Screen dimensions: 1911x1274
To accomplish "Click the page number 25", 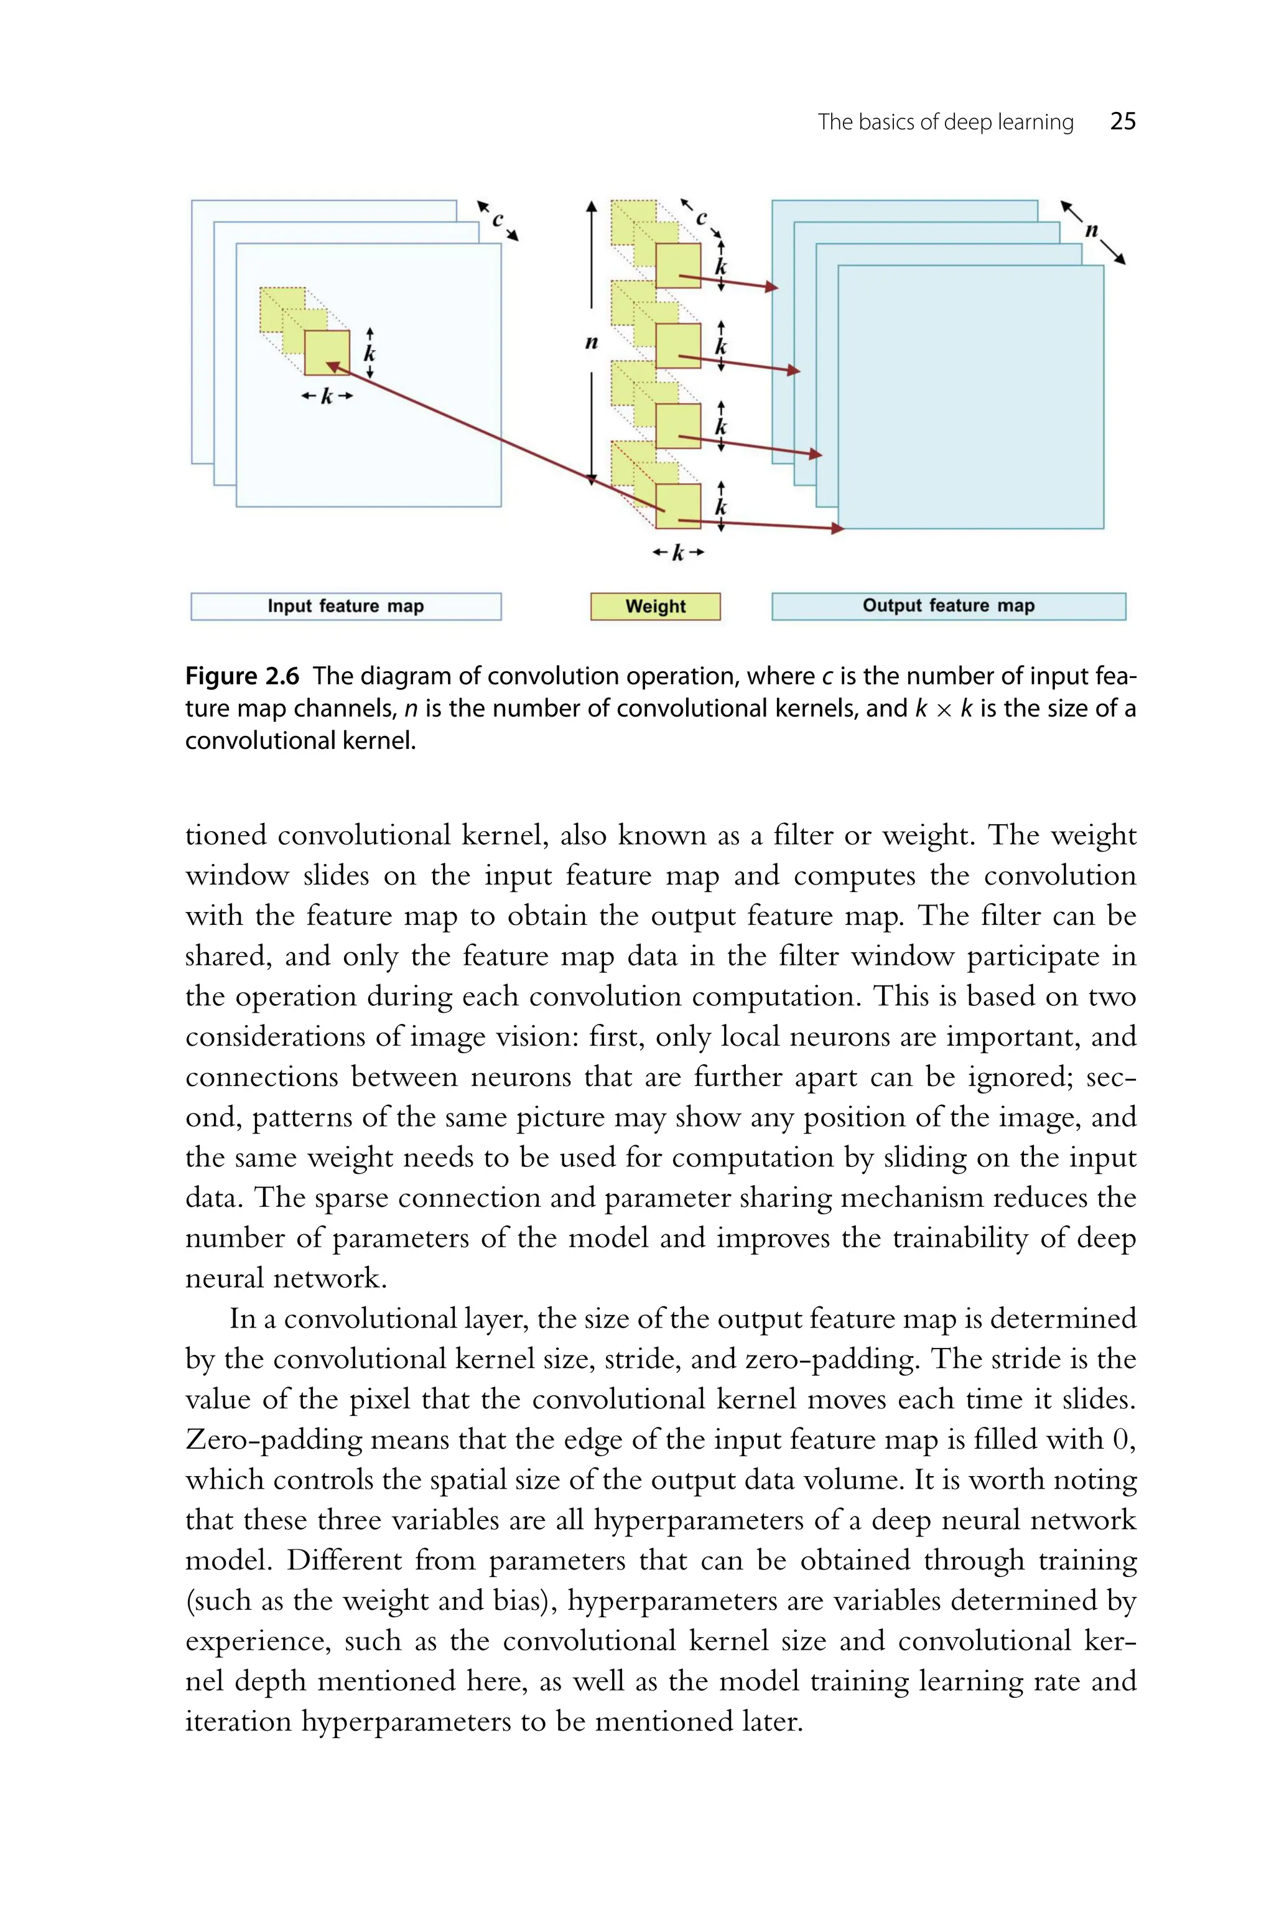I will point(1122,122).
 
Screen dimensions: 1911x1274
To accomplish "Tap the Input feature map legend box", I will point(346,606).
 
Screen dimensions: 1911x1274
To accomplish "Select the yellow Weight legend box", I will point(655,606).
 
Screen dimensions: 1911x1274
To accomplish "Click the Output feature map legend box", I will point(948,606).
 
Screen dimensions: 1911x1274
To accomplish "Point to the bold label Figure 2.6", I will point(242,676).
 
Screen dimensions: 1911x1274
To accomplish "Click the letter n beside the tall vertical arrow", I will point(592,343).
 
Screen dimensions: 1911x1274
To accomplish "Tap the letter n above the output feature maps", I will point(1091,231).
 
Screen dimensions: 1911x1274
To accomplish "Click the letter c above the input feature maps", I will point(497,220).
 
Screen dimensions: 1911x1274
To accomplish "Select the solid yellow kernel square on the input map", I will point(327,353).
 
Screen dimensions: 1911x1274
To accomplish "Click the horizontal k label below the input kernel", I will point(327,396).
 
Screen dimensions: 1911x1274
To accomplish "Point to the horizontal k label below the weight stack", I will point(677,553).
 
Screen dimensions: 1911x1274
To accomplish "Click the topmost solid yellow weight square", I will point(677,265).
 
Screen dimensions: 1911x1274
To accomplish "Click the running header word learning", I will point(1035,122).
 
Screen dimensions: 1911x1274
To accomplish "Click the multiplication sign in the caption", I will point(943,709).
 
